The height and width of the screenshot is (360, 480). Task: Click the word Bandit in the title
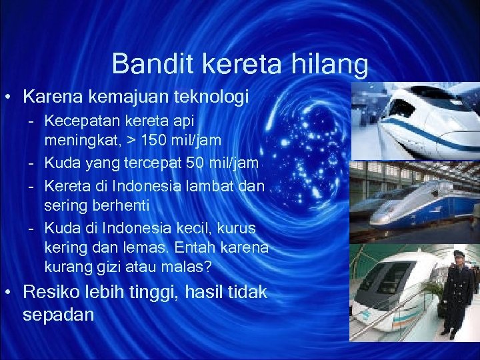145,64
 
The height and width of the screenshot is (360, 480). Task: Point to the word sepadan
59,315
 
